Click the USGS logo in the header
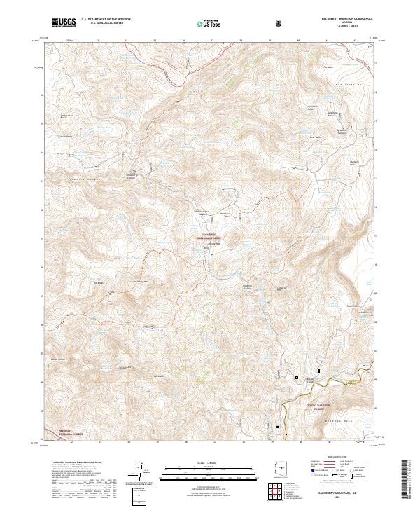[x=64, y=23]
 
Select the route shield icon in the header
[x=280, y=23]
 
